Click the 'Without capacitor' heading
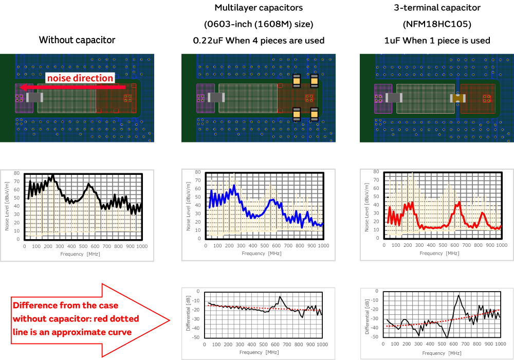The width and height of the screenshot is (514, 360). pyautogui.click(x=77, y=40)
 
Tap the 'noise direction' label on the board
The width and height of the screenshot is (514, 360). pyautogui.click(x=80, y=78)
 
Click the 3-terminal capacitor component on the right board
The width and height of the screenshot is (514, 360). pyautogui.click(x=457, y=98)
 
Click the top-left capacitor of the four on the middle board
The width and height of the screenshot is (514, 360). pyautogui.click(x=297, y=81)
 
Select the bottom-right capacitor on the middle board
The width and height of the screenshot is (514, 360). pyautogui.click(x=314, y=114)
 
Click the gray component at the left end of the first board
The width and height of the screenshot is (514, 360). pyautogui.click(x=34, y=97)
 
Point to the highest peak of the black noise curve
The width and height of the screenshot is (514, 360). pyautogui.click(x=52, y=175)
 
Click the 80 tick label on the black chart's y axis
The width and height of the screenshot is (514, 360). pyautogui.click(x=17, y=173)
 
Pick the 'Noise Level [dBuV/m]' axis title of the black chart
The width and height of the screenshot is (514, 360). pyautogui.click(x=8, y=206)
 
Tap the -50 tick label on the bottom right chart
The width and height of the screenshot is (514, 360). pyautogui.click(x=375, y=337)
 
